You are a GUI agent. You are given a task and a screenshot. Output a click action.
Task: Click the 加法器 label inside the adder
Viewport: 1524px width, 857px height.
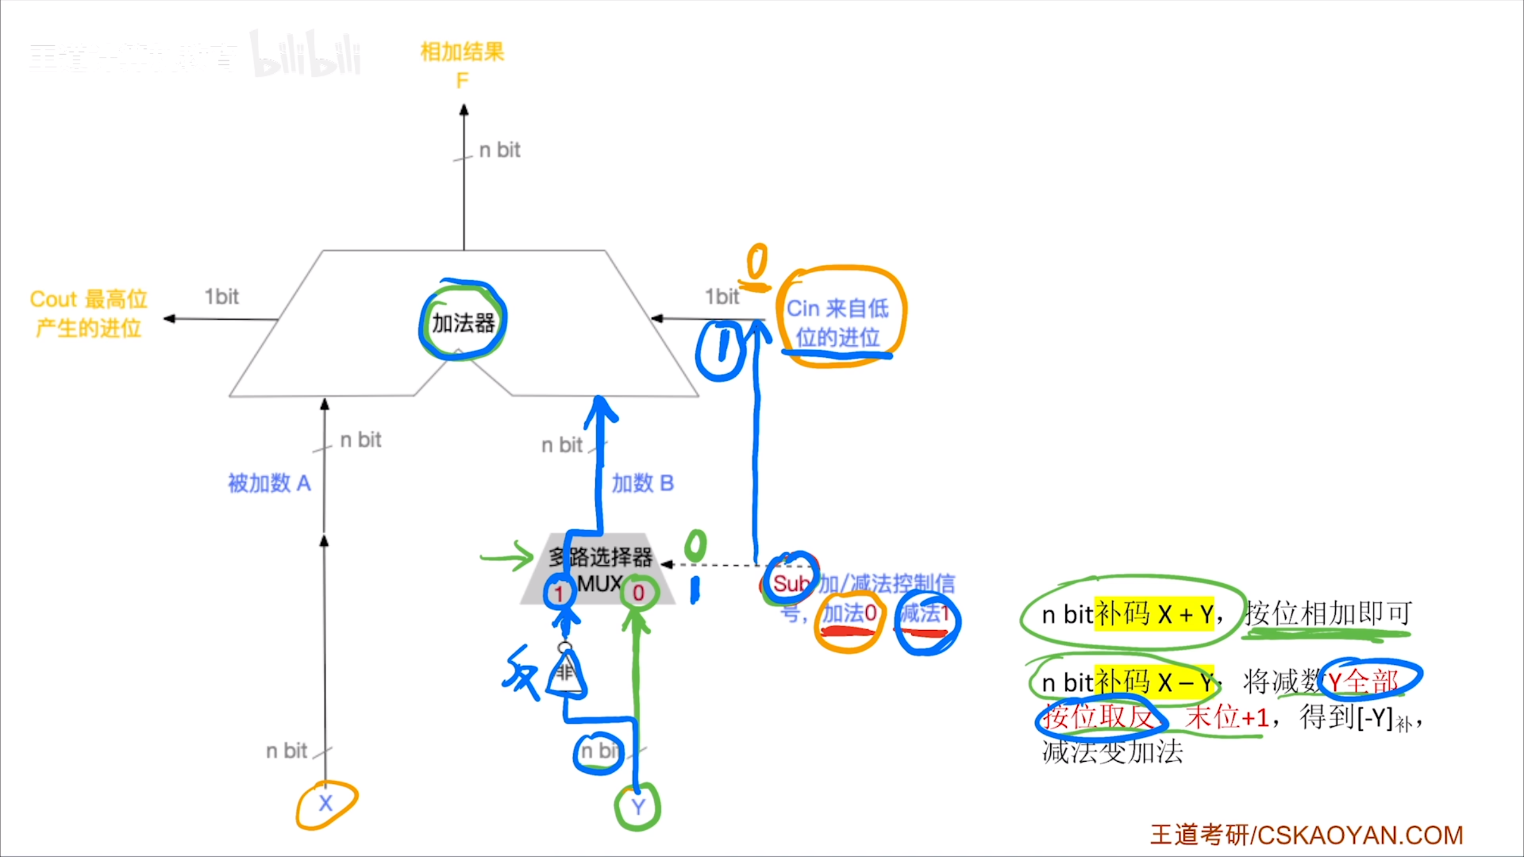point(463,323)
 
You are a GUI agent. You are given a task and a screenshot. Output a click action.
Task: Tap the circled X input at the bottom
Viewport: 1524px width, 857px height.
point(326,803)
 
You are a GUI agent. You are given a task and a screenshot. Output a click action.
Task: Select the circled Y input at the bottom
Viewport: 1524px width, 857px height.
point(638,807)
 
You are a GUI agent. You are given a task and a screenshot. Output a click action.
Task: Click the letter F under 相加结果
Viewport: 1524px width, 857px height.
point(462,80)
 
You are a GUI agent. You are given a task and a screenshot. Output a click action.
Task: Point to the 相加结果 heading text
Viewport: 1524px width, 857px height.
point(462,52)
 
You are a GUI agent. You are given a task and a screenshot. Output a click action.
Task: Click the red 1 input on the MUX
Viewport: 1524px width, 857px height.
point(558,593)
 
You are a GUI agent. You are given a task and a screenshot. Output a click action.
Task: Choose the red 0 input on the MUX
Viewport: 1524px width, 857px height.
point(638,593)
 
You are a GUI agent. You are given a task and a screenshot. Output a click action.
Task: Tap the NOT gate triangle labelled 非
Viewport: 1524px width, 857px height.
point(566,674)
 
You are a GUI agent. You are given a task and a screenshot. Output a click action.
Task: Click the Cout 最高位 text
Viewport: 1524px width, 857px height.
point(89,299)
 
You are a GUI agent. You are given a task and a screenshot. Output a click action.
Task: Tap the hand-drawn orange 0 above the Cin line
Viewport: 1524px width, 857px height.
point(757,262)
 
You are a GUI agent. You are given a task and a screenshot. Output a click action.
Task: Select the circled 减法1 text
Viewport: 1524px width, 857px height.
point(926,613)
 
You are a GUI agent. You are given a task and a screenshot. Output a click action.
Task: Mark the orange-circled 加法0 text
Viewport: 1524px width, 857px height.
point(850,613)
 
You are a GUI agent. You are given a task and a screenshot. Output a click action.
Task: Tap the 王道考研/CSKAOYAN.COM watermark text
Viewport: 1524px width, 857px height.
point(1307,835)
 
